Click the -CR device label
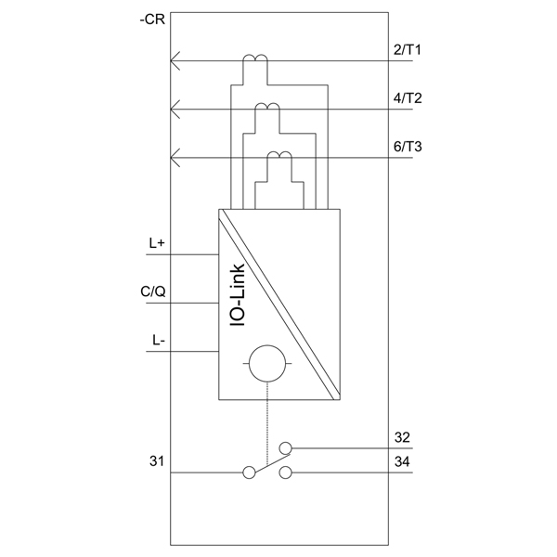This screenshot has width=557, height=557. (152, 19)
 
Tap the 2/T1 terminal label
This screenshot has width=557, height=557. (408, 50)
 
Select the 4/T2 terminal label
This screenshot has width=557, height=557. (408, 98)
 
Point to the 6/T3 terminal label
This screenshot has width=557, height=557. (408, 147)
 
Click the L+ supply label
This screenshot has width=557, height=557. (157, 243)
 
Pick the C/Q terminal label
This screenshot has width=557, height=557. (153, 291)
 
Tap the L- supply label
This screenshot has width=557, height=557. (159, 341)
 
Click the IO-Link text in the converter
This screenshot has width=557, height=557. (238, 295)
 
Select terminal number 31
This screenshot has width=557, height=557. (157, 461)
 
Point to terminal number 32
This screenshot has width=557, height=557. (402, 437)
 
